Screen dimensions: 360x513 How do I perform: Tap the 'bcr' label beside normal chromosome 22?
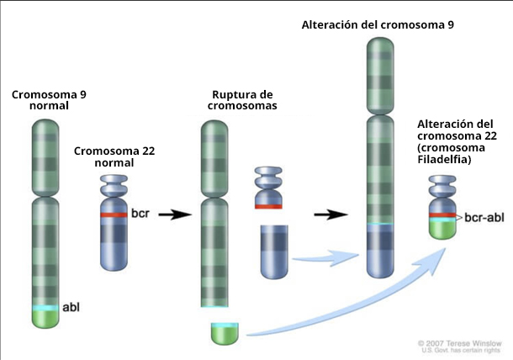140,214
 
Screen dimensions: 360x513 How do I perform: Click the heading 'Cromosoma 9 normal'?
49,100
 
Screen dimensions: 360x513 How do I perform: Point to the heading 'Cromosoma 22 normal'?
114,156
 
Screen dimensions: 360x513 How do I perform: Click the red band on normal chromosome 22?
114,216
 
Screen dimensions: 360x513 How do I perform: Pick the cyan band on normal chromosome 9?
45,309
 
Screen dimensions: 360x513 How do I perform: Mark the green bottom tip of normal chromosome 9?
45,320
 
